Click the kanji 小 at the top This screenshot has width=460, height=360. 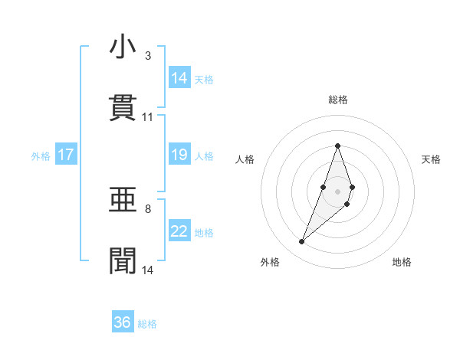pos(123,47)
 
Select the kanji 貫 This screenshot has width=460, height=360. pos(123,108)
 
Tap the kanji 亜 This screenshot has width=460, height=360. pos(123,201)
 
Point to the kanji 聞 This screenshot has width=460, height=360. pos(123,261)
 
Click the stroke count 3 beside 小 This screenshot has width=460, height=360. pos(147,56)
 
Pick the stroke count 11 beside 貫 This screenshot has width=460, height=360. pos(148,117)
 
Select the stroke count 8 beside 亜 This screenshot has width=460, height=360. pos(147,209)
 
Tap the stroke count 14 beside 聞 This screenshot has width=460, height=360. pos(148,270)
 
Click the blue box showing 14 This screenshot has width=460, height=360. pos(179,77)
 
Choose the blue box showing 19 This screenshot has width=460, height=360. pos(179,155)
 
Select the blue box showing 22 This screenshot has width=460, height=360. pos(179,231)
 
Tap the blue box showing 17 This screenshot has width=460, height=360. pos(66,155)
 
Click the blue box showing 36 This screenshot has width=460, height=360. pos(123,322)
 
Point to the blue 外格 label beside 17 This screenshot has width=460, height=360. pos(41,155)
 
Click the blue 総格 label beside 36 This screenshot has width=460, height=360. pos(147,324)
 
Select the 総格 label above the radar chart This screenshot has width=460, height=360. pos(337,100)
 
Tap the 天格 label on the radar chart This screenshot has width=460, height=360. pos(431,159)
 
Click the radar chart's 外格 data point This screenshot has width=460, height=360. pos(302,242)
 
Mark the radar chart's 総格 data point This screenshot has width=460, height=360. pos(337,146)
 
